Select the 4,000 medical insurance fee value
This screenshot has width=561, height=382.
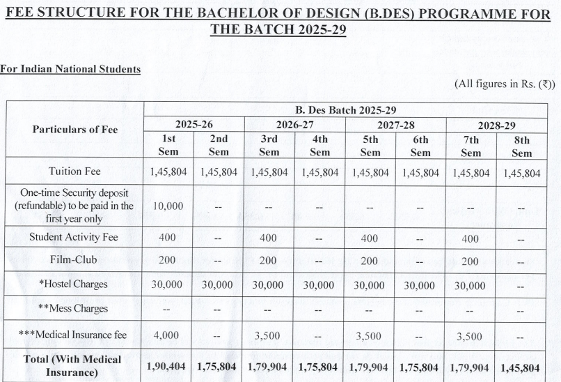coord(167,335)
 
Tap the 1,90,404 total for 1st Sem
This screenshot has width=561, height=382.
coord(168,367)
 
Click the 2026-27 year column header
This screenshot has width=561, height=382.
coord(294,125)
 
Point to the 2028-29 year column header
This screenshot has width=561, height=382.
coord(496,125)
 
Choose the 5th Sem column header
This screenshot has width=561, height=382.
coord(370,146)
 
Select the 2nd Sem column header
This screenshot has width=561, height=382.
coord(219,146)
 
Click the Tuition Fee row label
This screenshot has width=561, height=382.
coord(74,171)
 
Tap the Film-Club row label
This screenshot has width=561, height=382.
coord(74,260)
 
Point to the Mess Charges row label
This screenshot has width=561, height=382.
coord(74,308)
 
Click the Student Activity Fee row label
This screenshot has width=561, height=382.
coord(74,237)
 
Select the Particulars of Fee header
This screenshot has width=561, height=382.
coord(75,129)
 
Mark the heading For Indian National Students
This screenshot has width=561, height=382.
coord(70,69)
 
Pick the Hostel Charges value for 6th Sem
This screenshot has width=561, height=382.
coord(420,286)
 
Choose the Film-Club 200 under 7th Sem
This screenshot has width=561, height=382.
coord(471,261)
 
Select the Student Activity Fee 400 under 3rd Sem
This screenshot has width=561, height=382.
coord(269,238)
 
